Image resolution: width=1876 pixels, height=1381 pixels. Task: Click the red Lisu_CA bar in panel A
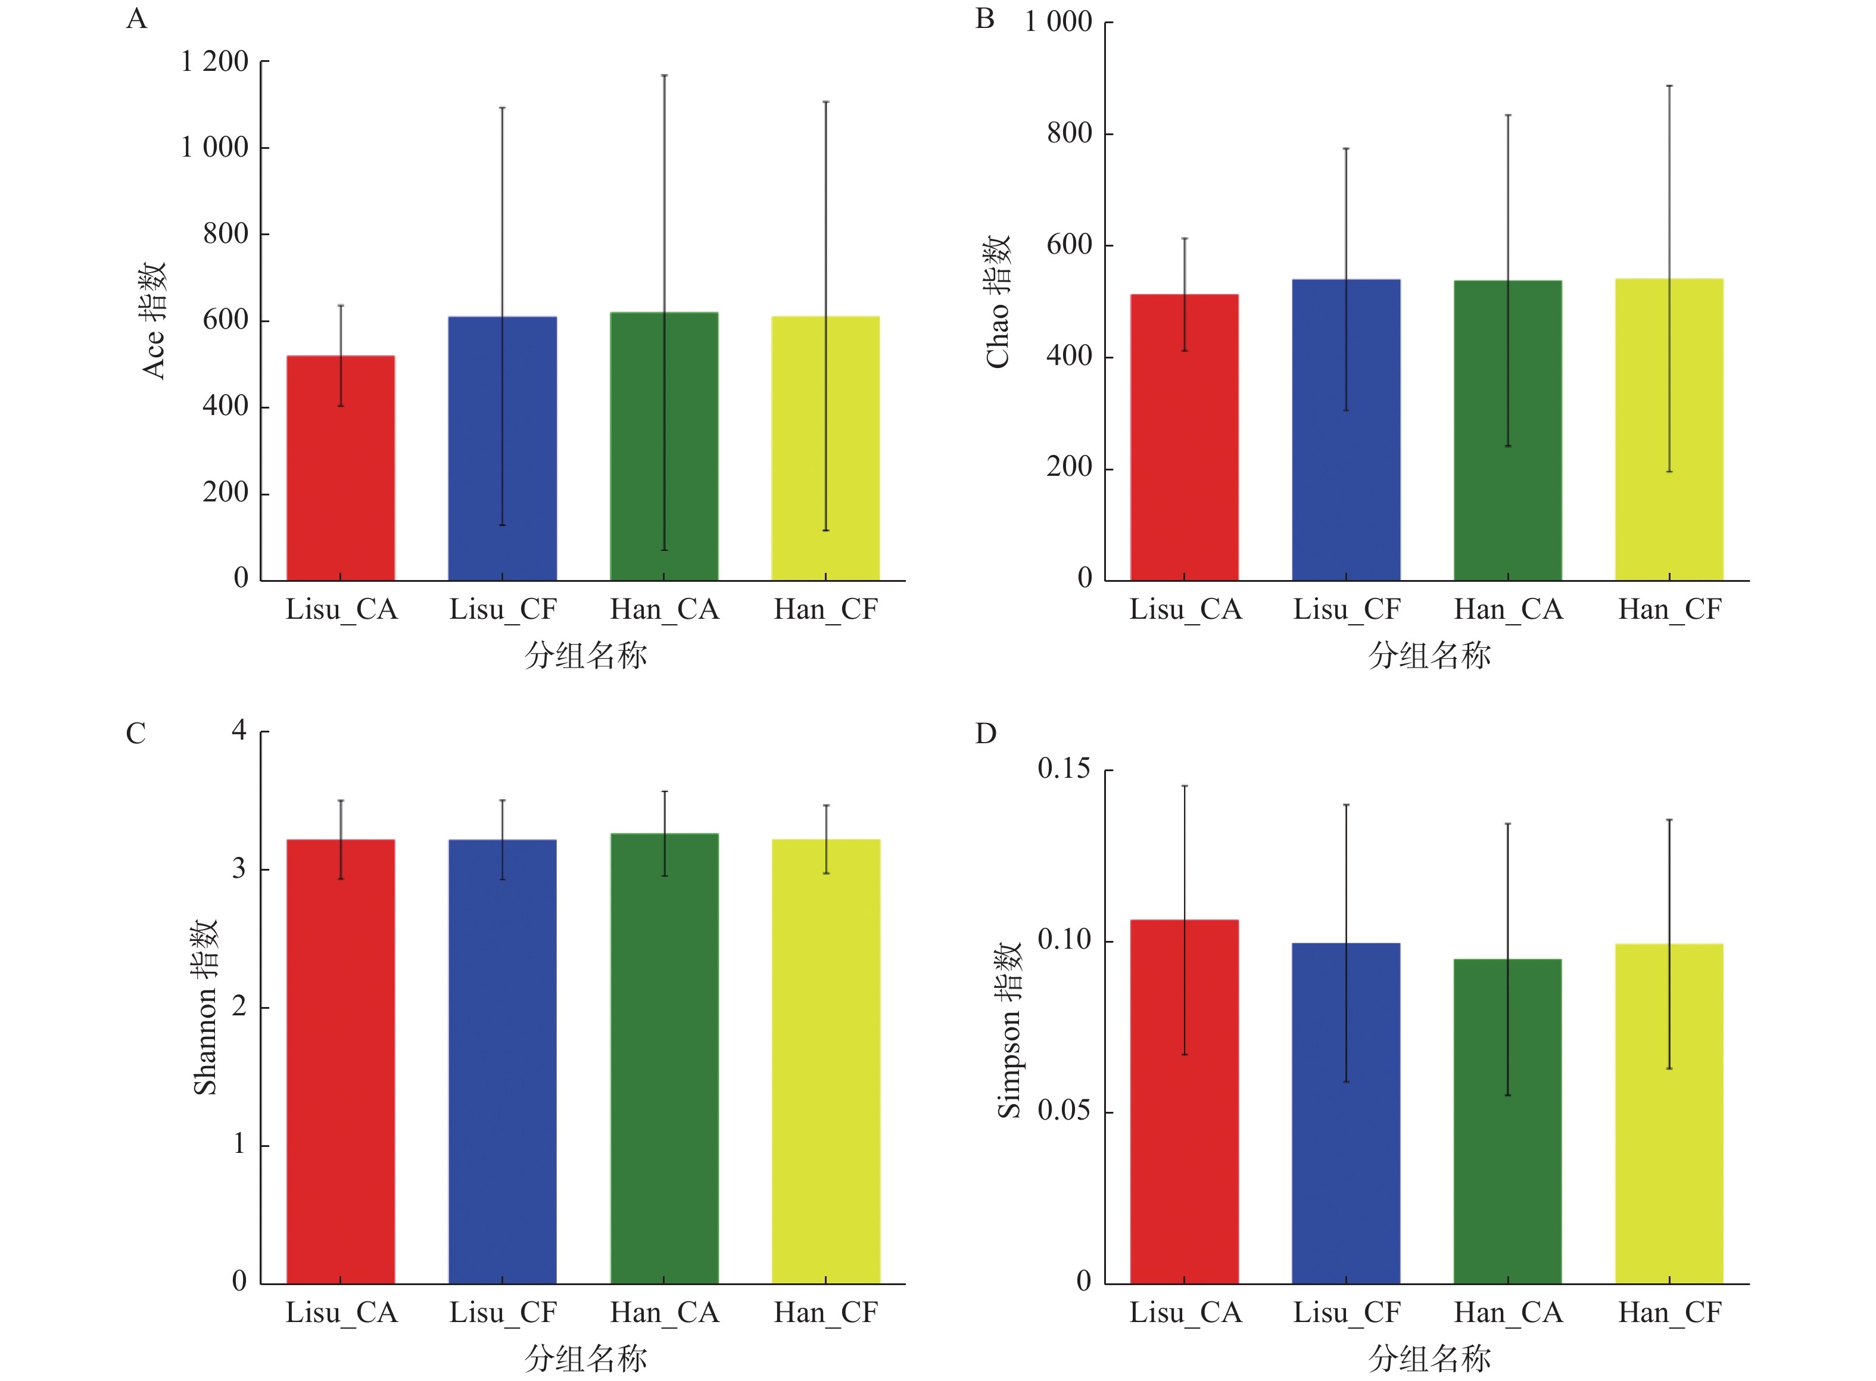pos(340,468)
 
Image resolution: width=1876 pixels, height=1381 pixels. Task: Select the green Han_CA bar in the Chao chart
pos(1507,431)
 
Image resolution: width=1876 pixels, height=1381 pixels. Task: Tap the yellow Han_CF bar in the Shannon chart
pos(825,1062)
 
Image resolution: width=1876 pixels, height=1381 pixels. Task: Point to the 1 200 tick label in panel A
pos(215,62)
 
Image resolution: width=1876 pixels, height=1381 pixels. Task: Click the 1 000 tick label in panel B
pos(1058,21)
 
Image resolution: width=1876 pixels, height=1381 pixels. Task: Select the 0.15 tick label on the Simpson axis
pos(1064,769)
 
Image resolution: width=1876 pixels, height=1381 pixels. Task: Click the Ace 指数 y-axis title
pos(154,320)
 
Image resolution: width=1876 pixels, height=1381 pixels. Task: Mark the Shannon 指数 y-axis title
pos(205,1008)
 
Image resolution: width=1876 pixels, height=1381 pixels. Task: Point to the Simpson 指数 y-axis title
pos(1009,1030)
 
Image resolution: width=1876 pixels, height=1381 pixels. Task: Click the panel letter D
pos(986,734)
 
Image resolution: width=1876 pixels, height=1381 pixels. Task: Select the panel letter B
pos(985,18)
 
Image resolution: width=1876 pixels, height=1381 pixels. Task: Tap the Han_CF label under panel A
pos(825,609)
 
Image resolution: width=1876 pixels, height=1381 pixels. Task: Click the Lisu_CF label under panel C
pos(503,1313)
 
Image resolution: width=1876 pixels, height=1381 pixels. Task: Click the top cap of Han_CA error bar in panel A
pos(664,75)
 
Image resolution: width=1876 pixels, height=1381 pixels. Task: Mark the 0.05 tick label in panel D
pos(1064,1111)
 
